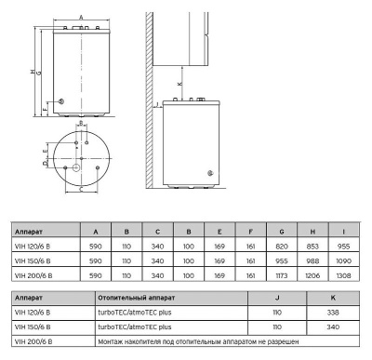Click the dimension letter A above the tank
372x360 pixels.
pos(83,17)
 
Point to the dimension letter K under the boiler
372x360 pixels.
pos(179,85)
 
